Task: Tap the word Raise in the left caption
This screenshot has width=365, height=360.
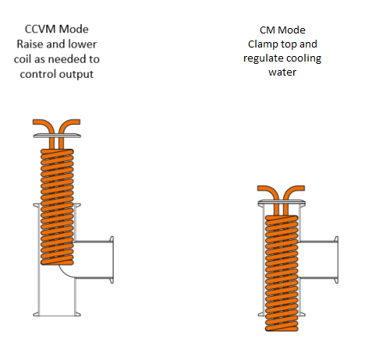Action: click(30, 44)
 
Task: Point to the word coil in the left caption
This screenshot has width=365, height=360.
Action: click(23, 59)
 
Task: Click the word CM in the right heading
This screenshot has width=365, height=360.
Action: click(268, 30)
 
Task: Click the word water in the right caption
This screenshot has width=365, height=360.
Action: click(282, 72)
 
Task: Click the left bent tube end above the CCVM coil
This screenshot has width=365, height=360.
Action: click(37, 122)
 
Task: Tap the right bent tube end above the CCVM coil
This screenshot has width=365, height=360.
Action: click(76, 122)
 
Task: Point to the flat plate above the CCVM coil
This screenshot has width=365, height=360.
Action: click(57, 136)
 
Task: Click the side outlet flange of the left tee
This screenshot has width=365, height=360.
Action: click(112, 259)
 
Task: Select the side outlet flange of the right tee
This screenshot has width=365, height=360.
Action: click(336, 259)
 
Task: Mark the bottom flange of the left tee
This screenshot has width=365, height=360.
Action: click(57, 315)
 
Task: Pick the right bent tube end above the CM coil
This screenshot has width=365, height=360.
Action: click(300, 189)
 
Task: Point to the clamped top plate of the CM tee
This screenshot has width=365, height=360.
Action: click(282, 202)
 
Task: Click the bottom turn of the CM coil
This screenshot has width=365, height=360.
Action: click(282, 328)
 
